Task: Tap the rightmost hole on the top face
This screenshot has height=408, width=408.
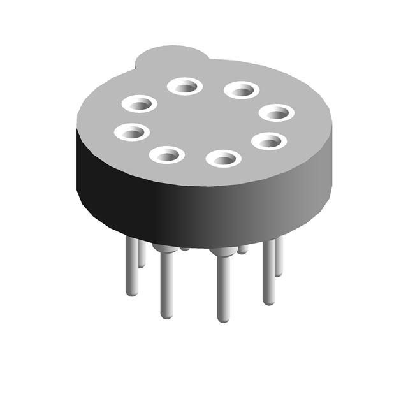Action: (x=277, y=113)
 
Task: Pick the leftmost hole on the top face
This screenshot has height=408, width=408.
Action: (x=132, y=132)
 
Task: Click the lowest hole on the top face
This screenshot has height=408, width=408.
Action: (x=224, y=157)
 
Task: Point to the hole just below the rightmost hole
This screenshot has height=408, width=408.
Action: (x=268, y=140)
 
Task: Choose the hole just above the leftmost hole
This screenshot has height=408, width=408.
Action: (x=140, y=103)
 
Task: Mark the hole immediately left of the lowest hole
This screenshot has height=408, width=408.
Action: (x=167, y=154)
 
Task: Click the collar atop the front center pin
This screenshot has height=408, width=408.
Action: (x=222, y=252)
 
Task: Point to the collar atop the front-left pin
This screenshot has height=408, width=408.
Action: (x=166, y=249)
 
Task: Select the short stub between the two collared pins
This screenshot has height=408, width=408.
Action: (x=185, y=249)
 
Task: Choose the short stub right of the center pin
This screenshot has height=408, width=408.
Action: (x=243, y=249)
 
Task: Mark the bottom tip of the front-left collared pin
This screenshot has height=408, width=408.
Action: (x=166, y=315)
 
